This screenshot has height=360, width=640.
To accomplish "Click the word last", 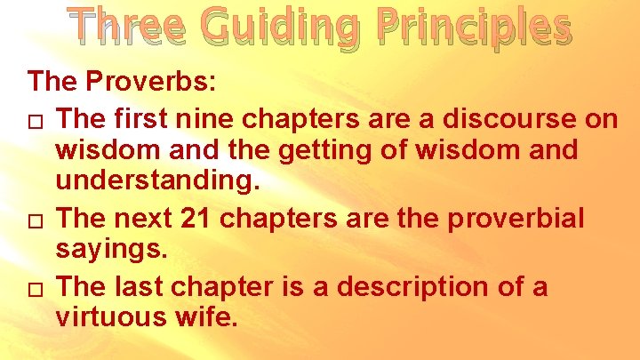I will click(145, 286).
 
